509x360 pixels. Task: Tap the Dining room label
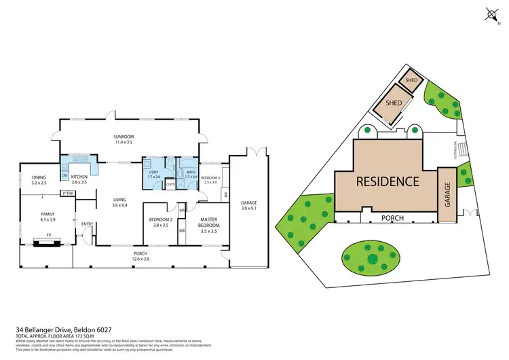click(x=39, y=179)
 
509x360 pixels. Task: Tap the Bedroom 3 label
click(x=210, y=178)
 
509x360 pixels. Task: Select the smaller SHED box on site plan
click(x=411, y=79)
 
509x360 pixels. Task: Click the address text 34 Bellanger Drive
click(x=65, y=330)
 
